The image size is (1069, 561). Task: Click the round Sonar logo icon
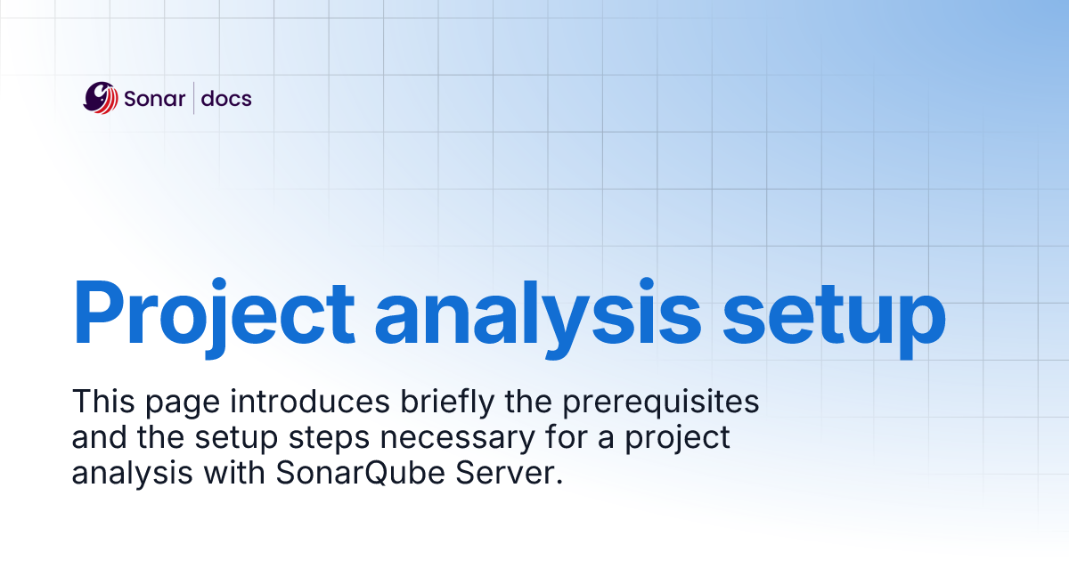tap(101, 98)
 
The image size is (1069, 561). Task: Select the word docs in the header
tap(226, 98)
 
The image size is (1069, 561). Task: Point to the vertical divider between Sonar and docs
tap(194, 98)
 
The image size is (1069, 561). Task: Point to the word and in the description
tap(100, 438)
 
